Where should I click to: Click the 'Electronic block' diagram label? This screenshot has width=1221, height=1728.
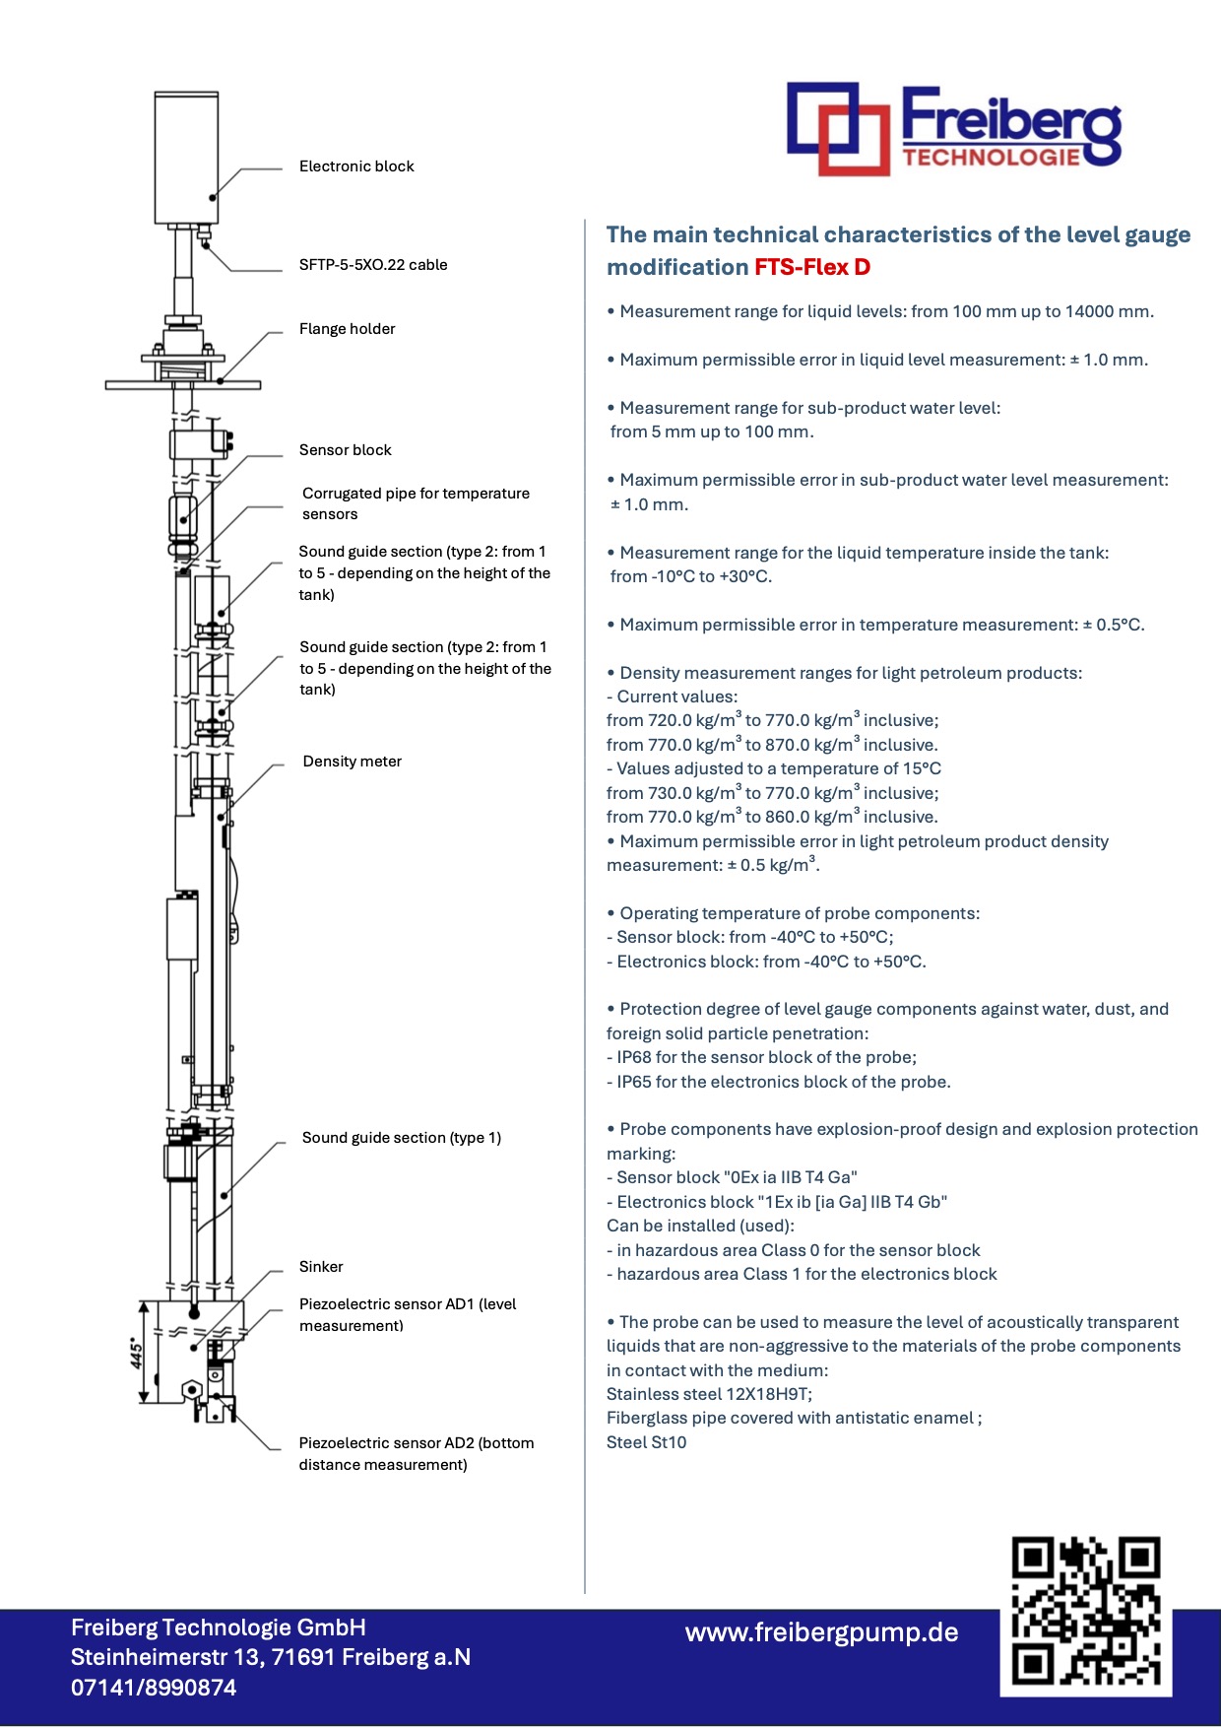[x=356, y=166]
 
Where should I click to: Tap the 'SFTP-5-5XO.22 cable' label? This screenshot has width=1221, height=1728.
[x=373, y=265]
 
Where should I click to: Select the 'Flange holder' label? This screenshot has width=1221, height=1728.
[x=347, y=329]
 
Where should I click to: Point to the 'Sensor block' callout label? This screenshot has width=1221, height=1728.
[x=345, y=450]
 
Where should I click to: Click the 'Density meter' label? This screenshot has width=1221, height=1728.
[x=352, y=762]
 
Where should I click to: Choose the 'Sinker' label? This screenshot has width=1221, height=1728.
[x=321, y=1267]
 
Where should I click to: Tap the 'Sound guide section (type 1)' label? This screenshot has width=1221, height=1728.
[x=401, y=1138]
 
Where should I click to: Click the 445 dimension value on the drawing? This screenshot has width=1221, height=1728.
[x=137, y=1353]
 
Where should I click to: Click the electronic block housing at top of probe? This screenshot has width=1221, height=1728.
[x=186, y=158]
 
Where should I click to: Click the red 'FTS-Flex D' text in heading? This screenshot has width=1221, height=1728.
[x=812, y=267]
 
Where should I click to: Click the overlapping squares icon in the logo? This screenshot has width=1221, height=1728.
[x=837, y=128]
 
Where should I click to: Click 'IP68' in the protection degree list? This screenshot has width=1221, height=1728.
[x=633, y=1057]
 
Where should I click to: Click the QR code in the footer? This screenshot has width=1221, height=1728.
[x=1085, y=1613]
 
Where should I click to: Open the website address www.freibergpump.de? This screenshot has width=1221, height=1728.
[x=821, y=1632]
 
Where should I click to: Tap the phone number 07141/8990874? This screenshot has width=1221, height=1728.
[x=154, y=1688]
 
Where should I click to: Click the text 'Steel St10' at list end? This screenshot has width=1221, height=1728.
[x=646, y=1442]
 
